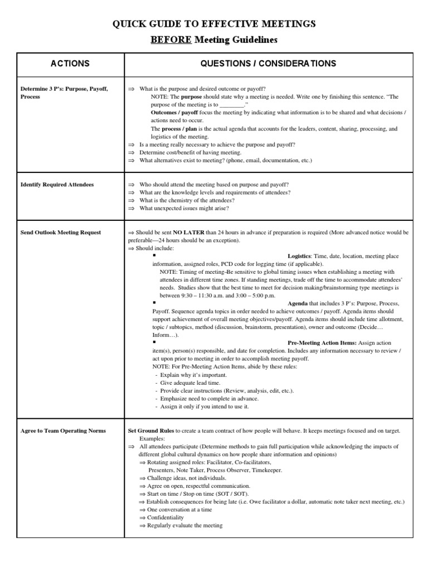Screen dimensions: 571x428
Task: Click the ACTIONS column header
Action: (70, 64)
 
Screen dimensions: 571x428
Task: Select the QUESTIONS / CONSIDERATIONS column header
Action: (269, 64)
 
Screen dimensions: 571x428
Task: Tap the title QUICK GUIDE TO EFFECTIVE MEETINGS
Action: (214, 23)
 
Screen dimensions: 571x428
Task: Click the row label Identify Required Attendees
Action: (57, 185)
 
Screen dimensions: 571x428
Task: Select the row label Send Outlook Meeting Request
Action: (61, 232)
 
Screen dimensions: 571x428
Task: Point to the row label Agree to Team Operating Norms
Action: (63, 431)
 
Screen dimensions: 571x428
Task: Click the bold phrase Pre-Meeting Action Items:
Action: (322, 342)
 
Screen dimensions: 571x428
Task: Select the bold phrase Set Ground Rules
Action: (152, 431)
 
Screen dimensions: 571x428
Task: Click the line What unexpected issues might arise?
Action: (184, 209)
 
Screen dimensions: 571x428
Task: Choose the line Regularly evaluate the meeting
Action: (184, 525)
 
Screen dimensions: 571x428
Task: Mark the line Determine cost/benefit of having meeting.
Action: (190, 152)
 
